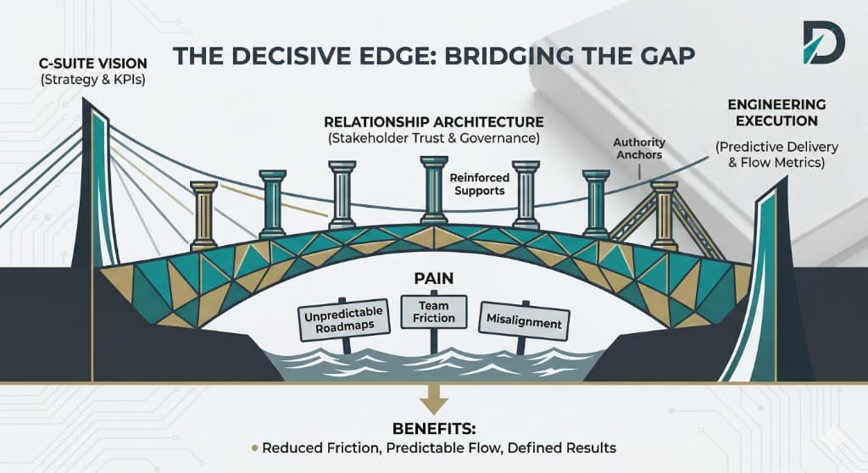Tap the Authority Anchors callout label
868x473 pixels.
(639, 148)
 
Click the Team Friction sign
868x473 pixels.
(433, 312)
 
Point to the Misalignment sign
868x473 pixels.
(524, 321)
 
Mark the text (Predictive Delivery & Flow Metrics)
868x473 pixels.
(776, 154)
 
